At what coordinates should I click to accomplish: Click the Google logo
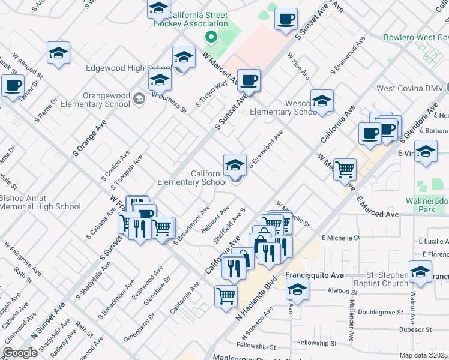pos(20,353)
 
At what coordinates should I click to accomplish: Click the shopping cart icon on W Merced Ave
pos(345,169)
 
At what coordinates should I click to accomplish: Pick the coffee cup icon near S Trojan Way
pos(249,79)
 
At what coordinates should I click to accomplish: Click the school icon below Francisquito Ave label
pos(297,290)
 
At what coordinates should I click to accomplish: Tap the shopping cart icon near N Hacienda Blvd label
pos(226,295)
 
